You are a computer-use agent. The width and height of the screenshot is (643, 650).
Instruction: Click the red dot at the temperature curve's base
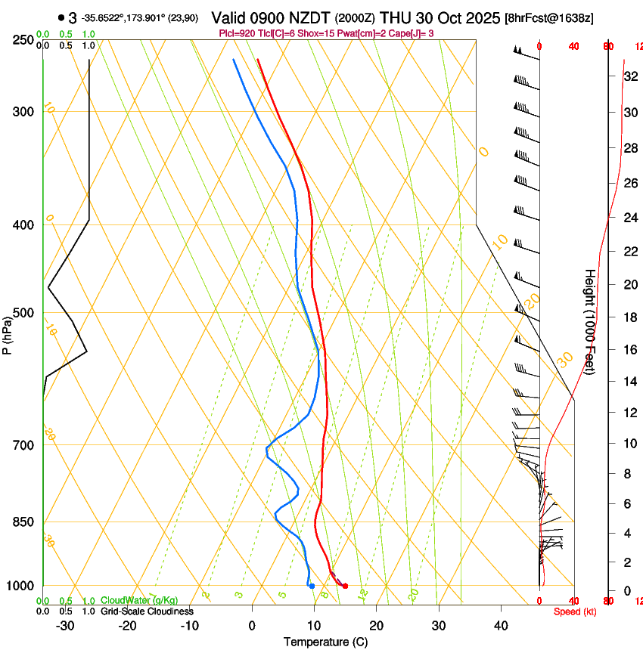[345, 586]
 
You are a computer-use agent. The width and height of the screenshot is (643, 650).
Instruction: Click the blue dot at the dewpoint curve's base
[312, 586]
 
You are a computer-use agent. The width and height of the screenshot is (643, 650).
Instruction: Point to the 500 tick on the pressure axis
[23, 313]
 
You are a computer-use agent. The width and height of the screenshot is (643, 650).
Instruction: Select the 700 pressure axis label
[23, 445]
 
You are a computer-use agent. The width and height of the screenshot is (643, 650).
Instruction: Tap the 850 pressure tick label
[23, 522]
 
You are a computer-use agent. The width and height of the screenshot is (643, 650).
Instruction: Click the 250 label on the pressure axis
[23, 40]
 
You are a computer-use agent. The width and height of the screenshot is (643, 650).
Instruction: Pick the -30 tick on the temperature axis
[65, 626]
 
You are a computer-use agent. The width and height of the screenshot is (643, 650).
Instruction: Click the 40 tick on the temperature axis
[501, 626]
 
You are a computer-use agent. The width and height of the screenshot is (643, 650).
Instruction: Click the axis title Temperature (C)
[325, 642]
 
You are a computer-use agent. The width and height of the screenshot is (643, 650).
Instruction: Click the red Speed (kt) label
[575, 611]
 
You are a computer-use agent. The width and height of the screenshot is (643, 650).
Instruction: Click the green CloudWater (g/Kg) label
[139, 600]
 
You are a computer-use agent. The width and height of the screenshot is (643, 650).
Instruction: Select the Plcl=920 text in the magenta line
[238, 33]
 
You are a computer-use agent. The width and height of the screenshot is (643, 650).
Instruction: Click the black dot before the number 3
[61, 17]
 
